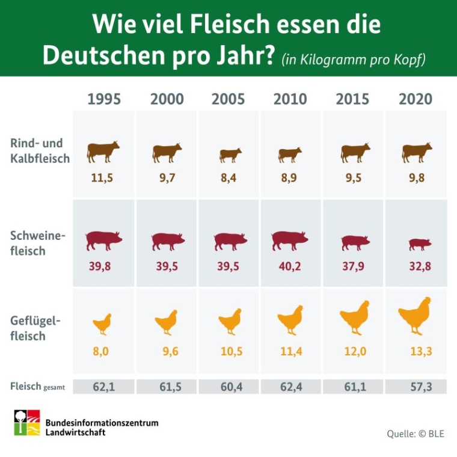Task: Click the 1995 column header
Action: point(104,99)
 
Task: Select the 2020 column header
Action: point(416,99)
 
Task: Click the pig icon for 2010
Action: point(290,241)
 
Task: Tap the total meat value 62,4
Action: point(290,387)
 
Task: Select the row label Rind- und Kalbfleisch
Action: point(40,152)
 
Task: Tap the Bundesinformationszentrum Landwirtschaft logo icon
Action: point(27,423)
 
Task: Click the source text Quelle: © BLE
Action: point(415,433)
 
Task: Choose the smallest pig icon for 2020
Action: point(420,244)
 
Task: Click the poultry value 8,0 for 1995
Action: point(101,352)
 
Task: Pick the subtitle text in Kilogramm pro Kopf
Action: point(354,60)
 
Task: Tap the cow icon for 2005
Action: point(230,155)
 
